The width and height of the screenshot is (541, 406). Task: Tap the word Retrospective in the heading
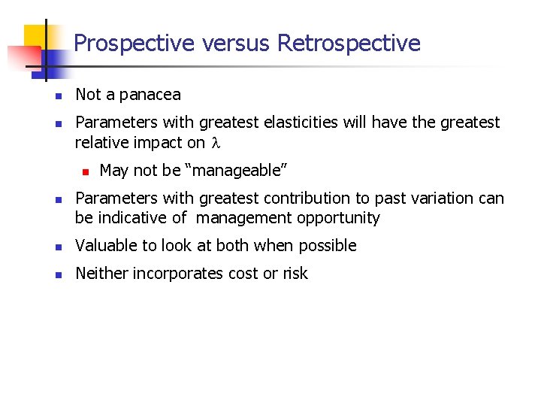(349, 44)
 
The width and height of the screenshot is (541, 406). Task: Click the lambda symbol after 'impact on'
(213, 143)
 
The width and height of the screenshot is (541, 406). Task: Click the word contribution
(303, 198)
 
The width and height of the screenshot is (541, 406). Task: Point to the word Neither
(102, 274)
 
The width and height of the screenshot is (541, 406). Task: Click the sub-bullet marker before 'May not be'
(85, 172)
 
